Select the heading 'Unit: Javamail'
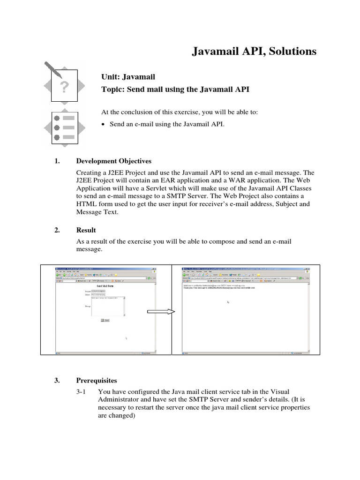coord(128,77)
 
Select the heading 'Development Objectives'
coord(113,161)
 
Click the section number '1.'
coord(58,161)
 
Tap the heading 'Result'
coord(86,230)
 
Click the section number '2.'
coord(58,230)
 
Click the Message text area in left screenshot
coord(108,306)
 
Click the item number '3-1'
coord(82,391)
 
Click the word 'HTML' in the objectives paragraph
coord(86,204)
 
